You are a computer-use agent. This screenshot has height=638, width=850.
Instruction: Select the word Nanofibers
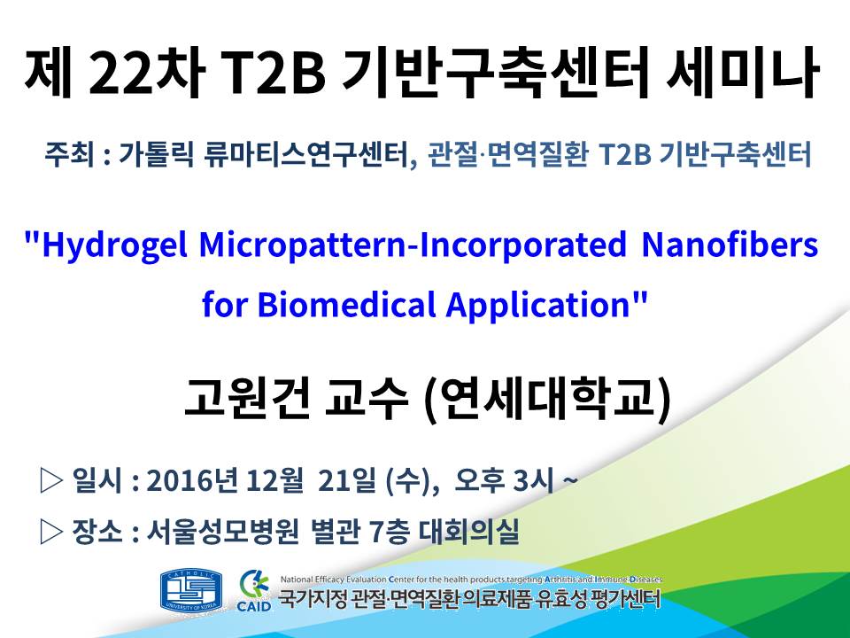point(730,245)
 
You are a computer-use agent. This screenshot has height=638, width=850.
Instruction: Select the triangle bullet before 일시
point(51,480)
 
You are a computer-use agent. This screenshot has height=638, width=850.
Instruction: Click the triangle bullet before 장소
point(51,532)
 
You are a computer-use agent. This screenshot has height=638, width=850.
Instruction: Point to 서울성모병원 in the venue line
point(222,531)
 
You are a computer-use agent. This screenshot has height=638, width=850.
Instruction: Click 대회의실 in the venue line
point(469,531)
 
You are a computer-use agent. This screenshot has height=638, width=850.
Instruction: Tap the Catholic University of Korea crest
point(191,591)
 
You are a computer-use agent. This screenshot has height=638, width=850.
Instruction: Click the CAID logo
point(254,591)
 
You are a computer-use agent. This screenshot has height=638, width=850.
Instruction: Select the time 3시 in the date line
point(533,480)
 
